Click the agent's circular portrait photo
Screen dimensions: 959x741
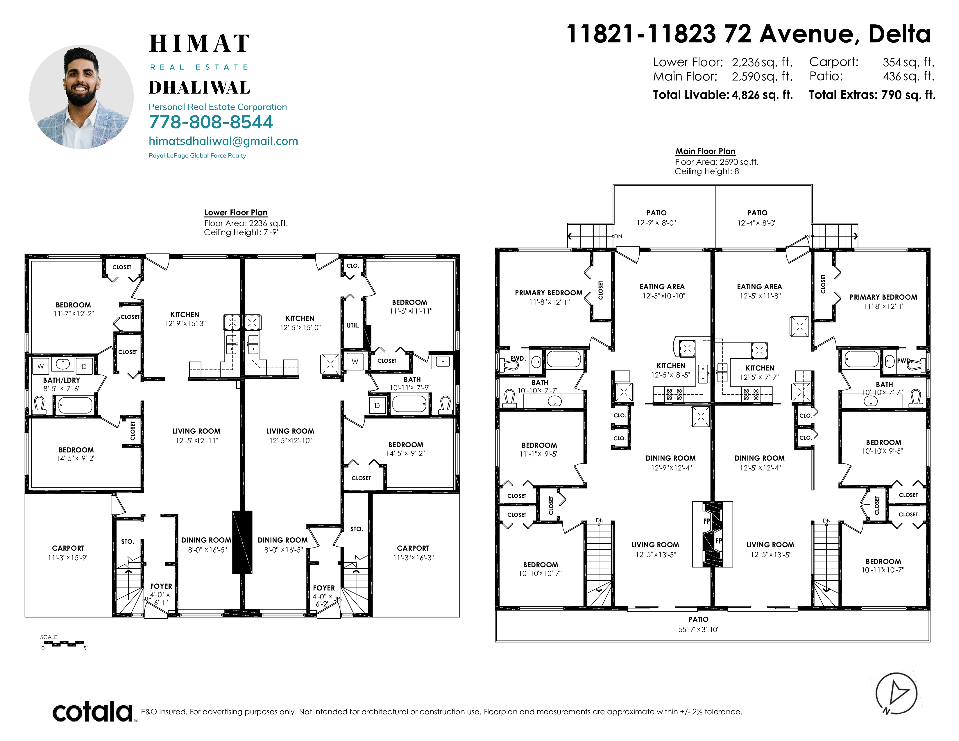click(81, 97)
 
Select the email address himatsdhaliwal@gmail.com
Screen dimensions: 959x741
click(223, 141)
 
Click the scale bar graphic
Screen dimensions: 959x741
click(64, 644)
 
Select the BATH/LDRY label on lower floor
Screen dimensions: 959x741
click(62, 380)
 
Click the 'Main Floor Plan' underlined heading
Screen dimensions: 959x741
click(705, 151)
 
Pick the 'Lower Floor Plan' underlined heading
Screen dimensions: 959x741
click(236, 212)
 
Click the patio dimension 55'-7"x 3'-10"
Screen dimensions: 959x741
click(699, 629)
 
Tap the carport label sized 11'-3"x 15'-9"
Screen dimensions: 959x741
click(68, 553)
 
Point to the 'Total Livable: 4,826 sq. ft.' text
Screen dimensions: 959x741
click(723, 95)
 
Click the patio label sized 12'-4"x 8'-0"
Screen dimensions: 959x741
click(757, 218)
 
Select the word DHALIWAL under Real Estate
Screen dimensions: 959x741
click(199, 88)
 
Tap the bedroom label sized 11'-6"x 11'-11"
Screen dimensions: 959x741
click(411, 306)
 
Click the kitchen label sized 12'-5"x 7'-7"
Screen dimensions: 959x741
click(760, 372)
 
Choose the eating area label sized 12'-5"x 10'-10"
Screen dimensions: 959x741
click(663, 291)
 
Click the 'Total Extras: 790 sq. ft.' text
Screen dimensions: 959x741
click(872, 95)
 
